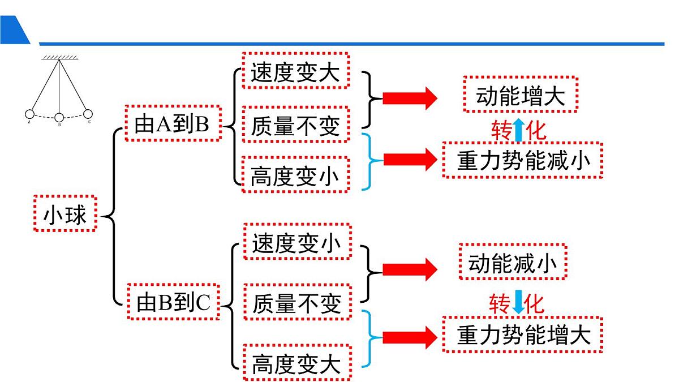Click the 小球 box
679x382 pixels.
[65, 214]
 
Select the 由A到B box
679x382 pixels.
[172, 123]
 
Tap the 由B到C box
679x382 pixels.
[173, 302]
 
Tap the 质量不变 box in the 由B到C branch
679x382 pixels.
[297, 302]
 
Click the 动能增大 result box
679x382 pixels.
[520, 95]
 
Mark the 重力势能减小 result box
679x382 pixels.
[522, 161]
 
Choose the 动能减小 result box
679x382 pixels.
[512, 262]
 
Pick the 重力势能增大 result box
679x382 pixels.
[522, 335]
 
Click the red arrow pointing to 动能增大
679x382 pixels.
[410, 98]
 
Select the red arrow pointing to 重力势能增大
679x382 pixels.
[410, 338]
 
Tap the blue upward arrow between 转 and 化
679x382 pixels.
[518, 131]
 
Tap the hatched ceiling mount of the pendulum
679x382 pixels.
[59, 57]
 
